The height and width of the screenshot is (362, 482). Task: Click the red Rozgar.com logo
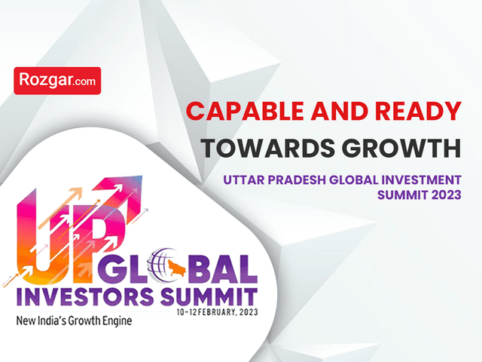pyautogui.click(x=57, y=81)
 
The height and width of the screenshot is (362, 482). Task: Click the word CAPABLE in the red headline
pyautogui.click(x=245, y=111)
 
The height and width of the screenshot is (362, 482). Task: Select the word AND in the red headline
pyautogui.click(x=340, y=111)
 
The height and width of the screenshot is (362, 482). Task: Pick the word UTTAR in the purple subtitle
pyautogui.click(x=244, y=179)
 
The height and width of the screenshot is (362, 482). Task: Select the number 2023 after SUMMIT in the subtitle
pyautogui.click(x=447, y=195)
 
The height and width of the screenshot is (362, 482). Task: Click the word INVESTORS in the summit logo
pyautogui.click(x=85, y=296)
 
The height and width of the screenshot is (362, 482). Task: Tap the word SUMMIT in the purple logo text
pyautogui.click(x=209, y=296)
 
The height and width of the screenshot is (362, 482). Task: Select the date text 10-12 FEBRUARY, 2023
pyautogui.click(x=218, y=312)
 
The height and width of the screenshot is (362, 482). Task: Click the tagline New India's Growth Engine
pyautogui.click(x=74, y=321)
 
